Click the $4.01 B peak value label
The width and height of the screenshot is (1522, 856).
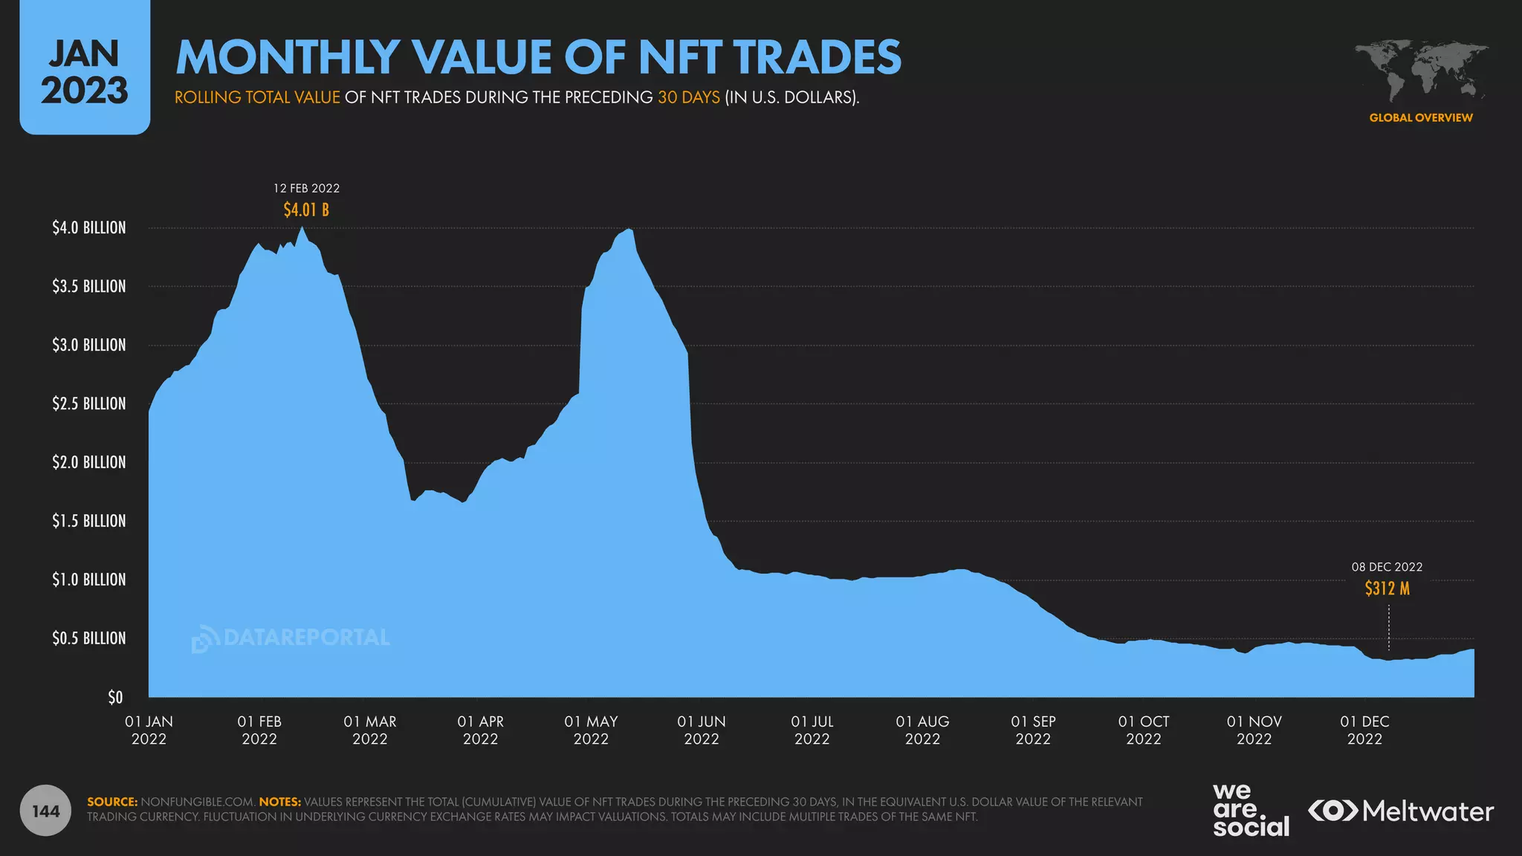(x=306, y=210)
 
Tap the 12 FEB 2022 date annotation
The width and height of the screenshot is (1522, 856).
(x=306, y=189)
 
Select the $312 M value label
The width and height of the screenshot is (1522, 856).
(x=1387, y=588)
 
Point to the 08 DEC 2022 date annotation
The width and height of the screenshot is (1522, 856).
(x=1387, y=567)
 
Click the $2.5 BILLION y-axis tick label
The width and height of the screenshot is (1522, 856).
(x=89, y=403)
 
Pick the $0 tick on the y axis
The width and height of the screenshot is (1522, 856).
(x=115, y=697)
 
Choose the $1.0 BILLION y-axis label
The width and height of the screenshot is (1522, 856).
(x=89, y=580)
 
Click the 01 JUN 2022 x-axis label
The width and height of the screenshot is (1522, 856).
(x=702, y=730)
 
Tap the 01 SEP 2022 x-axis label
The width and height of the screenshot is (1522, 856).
(x=1033, y=730)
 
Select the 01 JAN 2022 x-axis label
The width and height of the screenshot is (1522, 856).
(x=149, y=730)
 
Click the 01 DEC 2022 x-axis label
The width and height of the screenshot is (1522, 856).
(x=1364, y=730)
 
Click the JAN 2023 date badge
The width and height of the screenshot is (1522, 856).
(x=85, y=71)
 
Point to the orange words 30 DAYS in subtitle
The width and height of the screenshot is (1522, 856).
(x=688, y=97)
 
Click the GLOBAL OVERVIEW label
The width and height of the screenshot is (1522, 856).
(x=1421, y=117)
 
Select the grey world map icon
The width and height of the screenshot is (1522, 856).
(x=1421, y=71)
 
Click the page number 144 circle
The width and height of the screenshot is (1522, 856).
(x=46, y=811)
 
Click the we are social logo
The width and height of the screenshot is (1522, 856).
(x=1251, y=811)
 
